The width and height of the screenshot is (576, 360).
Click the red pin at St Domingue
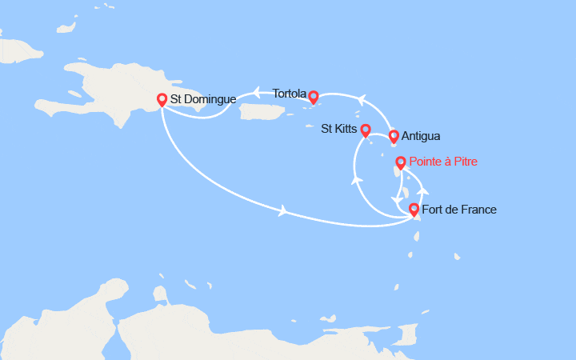pyautogui.click(x=162, y=100)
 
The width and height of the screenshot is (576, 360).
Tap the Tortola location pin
pyautogui.click(x=314, y=97)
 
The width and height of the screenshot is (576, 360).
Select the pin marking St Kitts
pyautogui.click(x=366, y=130)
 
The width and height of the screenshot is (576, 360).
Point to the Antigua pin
pyautogui.click(x=394, y=136)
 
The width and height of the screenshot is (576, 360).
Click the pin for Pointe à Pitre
pyautogui.click(x=401, y=163)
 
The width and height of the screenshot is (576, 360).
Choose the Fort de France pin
pyautogui.click(x=414, y=210)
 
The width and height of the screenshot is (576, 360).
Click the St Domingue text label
pyautogui.click(x=202, y=99)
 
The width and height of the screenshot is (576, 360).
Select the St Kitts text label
pyautogui.click(x=339, y=128)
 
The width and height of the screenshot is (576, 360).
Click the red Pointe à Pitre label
pyautogui.click(x=443, y=162)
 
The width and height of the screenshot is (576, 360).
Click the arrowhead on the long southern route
pyautogui.click(x=283, y=211)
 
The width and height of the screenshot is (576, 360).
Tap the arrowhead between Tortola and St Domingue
pyautogui.click(x=258, y=90)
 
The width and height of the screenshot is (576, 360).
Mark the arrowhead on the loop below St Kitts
pyautogui.click(x=354, y=179)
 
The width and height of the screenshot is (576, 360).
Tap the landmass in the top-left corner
pyautogui.click(x=20, y=50)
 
